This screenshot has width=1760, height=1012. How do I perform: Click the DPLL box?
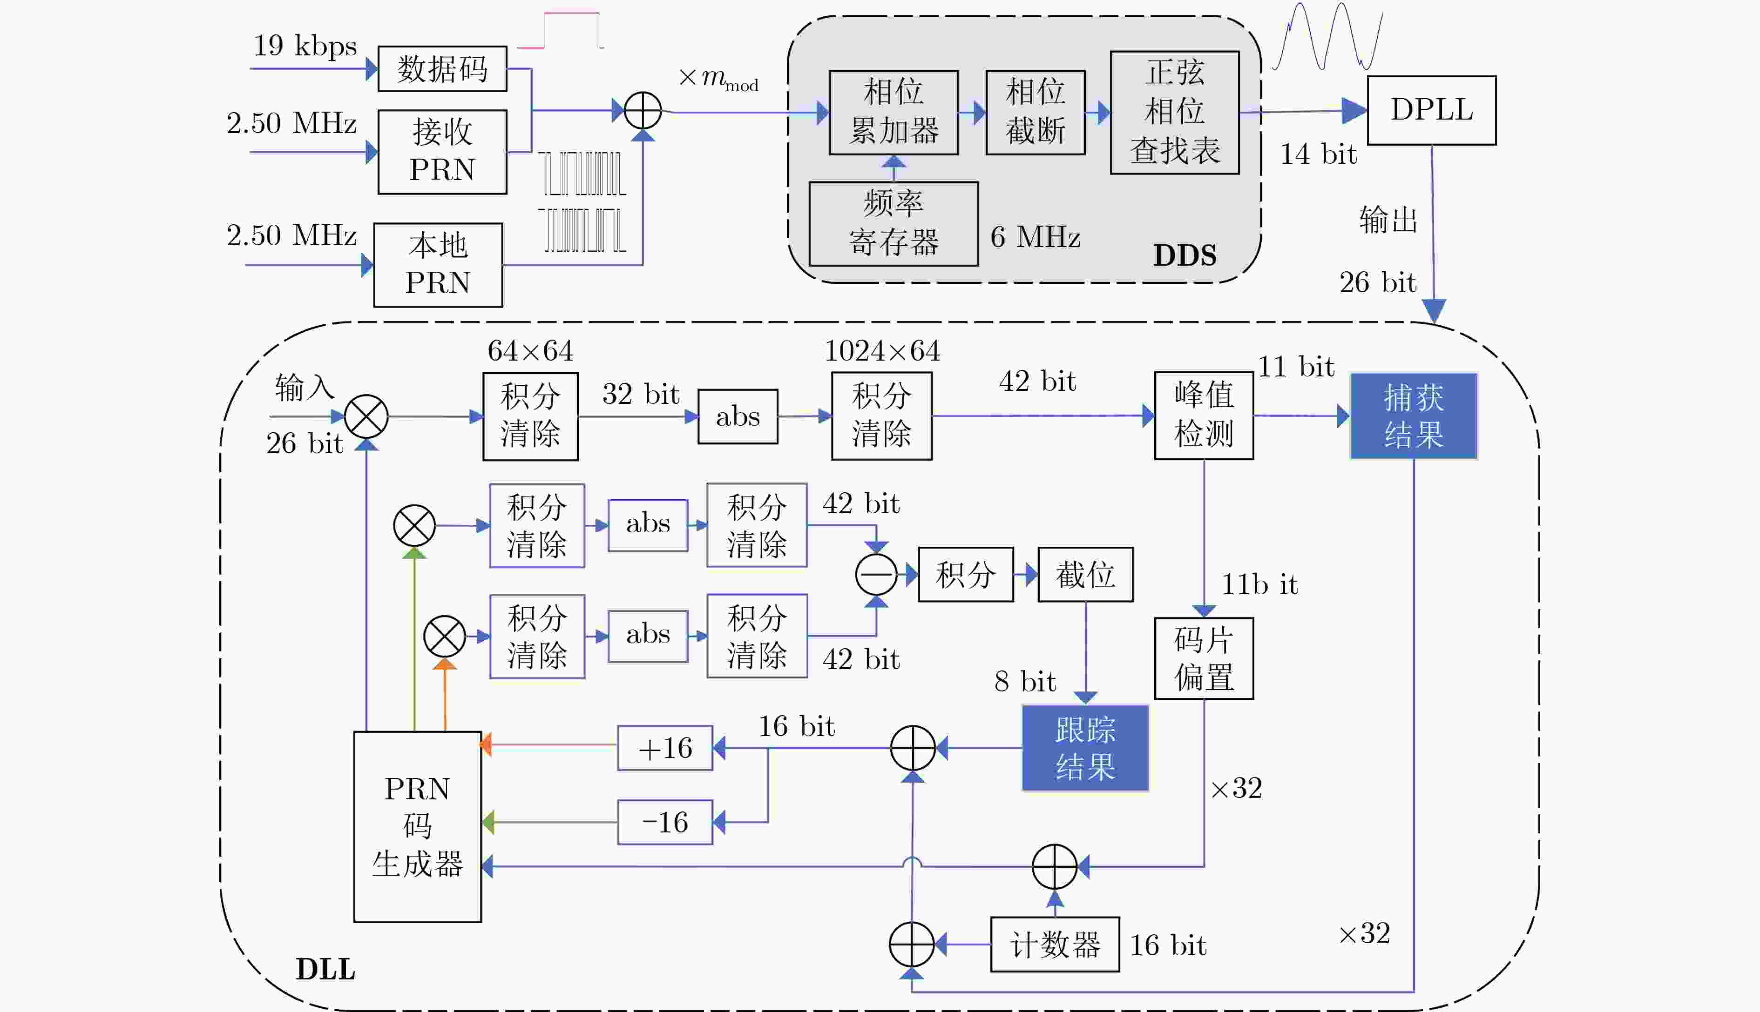[1431, 111]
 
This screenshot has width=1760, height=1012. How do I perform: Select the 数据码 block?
[442, 69]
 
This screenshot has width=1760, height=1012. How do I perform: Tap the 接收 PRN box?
[442, 152]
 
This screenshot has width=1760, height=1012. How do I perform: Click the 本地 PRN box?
[438, 265]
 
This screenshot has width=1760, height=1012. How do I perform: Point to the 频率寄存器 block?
[894, 224]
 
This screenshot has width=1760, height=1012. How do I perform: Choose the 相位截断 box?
[1036, 112]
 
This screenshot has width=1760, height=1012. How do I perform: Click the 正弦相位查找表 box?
[1174, 112]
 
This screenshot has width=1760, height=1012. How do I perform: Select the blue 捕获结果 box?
[1414, 416]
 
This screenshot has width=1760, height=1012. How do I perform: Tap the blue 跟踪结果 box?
[1085, 748]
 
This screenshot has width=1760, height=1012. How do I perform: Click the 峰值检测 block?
[1204, 416]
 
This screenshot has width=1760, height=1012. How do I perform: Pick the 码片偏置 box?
[1204, 658]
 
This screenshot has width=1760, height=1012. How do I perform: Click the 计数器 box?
[1055, 945]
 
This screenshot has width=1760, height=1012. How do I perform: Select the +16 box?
[665, 748]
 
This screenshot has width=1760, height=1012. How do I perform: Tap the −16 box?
[665, 822]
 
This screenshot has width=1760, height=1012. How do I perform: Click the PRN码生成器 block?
[417, 826]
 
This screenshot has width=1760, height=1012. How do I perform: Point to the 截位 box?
[1085, 574]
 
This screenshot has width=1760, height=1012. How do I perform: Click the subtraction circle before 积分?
[876, 574]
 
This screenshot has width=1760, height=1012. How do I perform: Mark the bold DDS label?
[1185, 255]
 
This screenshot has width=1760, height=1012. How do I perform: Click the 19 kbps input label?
[305, 46]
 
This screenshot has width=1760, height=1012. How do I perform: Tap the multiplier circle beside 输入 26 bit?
[366, 416]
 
